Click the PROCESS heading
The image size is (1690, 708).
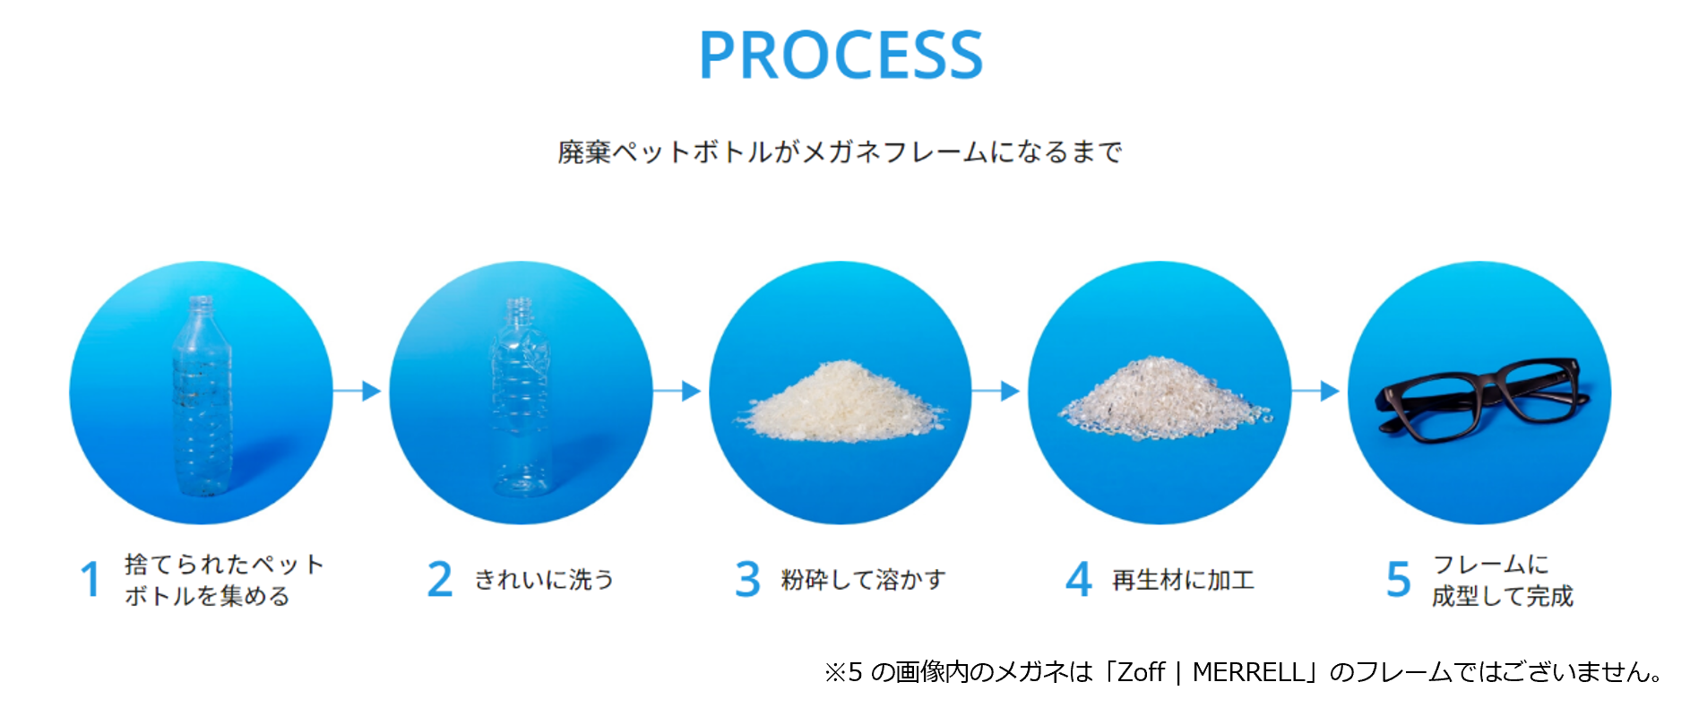pos(841,56)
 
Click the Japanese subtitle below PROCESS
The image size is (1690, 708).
pos(840,152)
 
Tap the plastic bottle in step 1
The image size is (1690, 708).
pos(202,399)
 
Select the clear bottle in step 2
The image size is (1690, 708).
pos(520,399)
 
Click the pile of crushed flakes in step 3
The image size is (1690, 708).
pos(840,403)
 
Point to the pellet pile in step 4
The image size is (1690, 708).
pos(1162,401)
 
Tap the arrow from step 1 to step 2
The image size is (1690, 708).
pos(358,391)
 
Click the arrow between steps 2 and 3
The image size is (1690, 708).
pos(677,391)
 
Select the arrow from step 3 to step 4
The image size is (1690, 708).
pos(996,391)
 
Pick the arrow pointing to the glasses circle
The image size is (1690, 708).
pos(1316,391)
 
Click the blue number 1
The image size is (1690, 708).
pos(90,579)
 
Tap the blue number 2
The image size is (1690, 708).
pos(440,579)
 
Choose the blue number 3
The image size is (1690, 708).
pos(747,579)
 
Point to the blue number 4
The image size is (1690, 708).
pos(1079,579)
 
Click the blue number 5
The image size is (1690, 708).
pos(1399,579)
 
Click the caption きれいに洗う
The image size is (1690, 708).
pos(544,580)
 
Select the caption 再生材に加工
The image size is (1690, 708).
pos(1183,580)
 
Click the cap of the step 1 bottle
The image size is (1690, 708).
pos(201,303)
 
